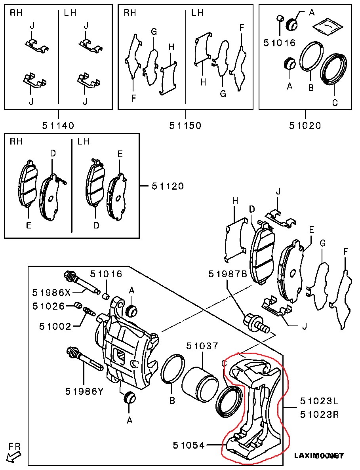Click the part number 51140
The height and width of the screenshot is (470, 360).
click(58, 126)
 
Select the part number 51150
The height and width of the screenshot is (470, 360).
click(185, 126)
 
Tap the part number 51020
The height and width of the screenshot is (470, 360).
click(305, 126)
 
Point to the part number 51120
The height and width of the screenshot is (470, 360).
click(168, 186)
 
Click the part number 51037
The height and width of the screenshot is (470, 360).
click(202, 346)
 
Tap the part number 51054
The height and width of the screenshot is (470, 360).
click(189, 445)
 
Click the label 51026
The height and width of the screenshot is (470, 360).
click(48, 306)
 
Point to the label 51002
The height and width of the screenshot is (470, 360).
click(55, 326)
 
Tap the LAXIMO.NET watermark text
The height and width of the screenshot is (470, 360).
click(319, 456)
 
